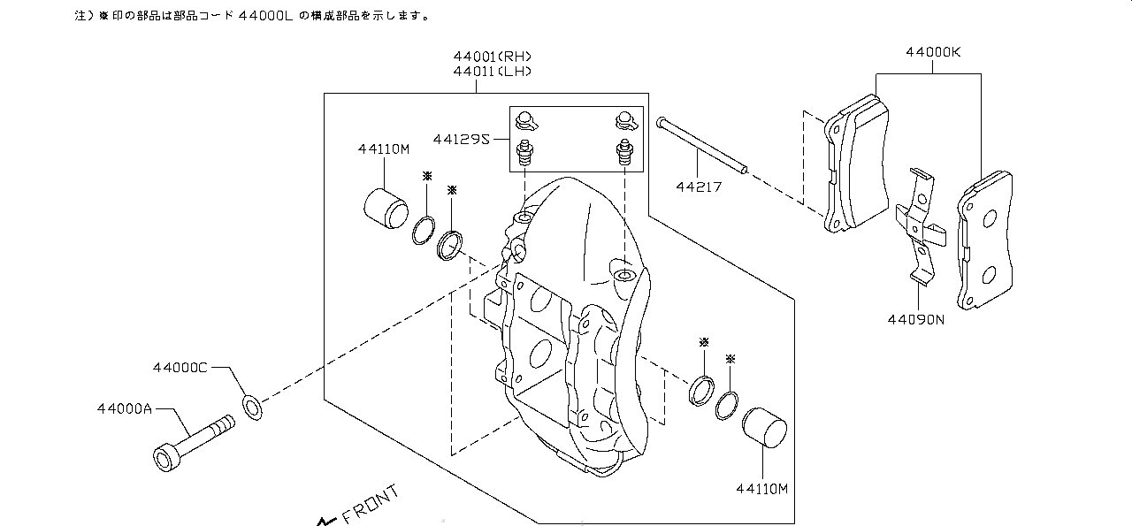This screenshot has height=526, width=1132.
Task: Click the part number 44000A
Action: [x=124, y=409]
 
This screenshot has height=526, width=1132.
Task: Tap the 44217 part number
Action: [x=700, y=187]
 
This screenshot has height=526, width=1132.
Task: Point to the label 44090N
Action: [x=916, y=319]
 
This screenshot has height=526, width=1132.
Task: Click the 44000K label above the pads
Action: [x=932, y=52]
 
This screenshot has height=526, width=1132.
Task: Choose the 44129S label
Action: [x=462, y=139]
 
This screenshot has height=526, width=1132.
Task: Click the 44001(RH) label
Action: [x=492, y=57]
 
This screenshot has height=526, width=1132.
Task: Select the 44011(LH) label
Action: [x=492, y=71]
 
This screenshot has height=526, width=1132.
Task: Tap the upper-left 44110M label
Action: [x=384, y=149]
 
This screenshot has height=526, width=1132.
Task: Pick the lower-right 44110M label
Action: [x=761, y=487]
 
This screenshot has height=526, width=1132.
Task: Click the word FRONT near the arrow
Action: [x=370, y=503]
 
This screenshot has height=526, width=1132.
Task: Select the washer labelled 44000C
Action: [x=251, y=408]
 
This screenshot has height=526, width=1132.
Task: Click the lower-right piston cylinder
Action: [x=765, y=430]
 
